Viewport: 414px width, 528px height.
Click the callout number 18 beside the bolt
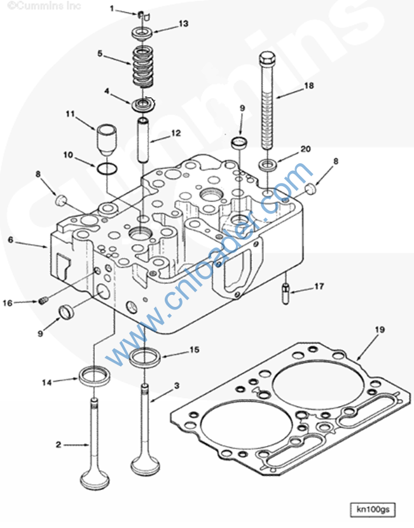point(309,86)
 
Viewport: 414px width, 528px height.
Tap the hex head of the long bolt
point(266,58)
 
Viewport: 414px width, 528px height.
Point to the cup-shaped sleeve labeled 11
point(107,139)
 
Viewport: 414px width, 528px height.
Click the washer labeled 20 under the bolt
point(268,165)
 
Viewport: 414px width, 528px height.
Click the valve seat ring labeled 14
point(94,376)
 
